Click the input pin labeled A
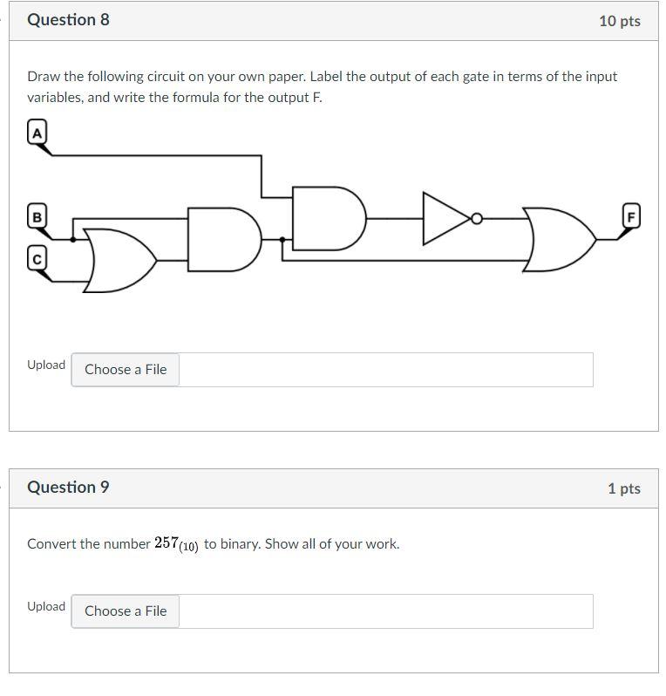tap(37, 132)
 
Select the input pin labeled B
tap(37, 216)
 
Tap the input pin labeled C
tap(37, 259)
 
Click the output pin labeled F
tap(631, 215)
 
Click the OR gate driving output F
tap(559, 239)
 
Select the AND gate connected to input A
tap(326, 217)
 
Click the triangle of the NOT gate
tap(445, 218)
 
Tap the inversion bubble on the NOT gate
tap(476, 218)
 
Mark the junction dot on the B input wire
tap(72, 238)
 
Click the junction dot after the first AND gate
tap(282, 238)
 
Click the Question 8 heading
tap(68, 19)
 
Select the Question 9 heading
tap(68, 487)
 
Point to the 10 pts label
tap(619, 21)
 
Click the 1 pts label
tap(623, 488)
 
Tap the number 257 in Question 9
tap(166, 542)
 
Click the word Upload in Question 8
tap(45, 365)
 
